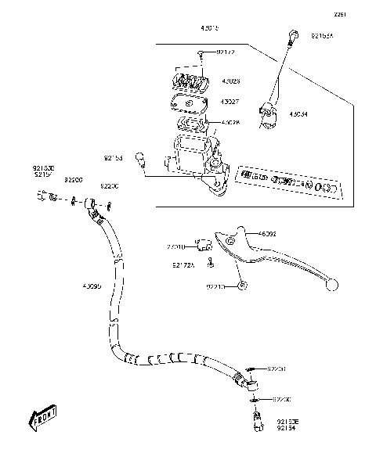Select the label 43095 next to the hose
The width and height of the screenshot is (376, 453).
tap(92, 286)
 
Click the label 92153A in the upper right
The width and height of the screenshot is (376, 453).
tap(322, 35)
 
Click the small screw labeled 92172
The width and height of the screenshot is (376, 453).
tap(202, 53)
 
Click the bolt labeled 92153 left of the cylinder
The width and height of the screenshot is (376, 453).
tap(141, 160)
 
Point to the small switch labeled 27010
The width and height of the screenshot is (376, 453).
tap(205, 244)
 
